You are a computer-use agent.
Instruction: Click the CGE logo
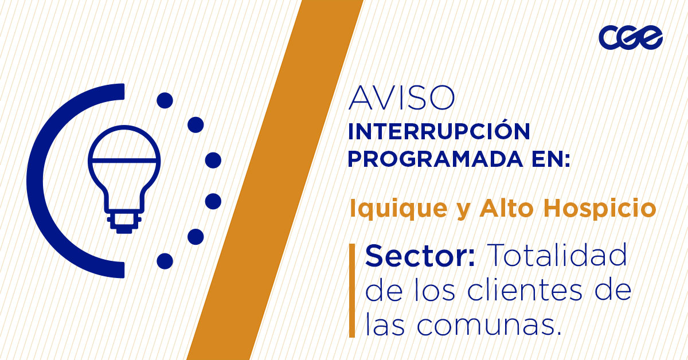click(631, 38)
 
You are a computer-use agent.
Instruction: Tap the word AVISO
click(401, 99)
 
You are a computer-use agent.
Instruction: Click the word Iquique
click(390, 209)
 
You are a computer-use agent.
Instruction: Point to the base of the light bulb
click(123, 224)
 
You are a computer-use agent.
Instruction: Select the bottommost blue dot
click(165, 261)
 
